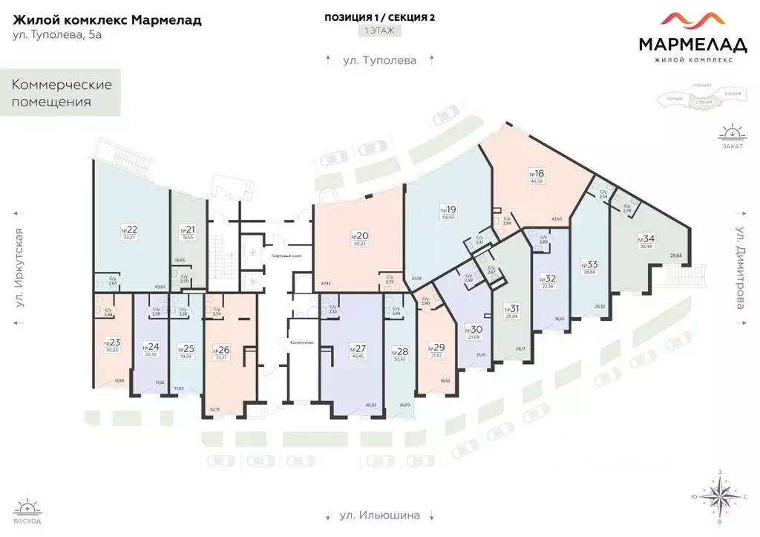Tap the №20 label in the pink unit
click(359, 236)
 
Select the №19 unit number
click(448, 209)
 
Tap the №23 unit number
click(112, 342)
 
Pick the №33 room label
click(590, 264)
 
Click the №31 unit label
click(511, 308)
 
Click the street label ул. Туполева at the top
click(379, 60)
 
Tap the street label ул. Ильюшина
click(379, 515)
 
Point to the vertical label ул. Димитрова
click(740, 273)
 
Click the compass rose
click(720, 497)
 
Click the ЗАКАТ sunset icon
click(732, 136)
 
